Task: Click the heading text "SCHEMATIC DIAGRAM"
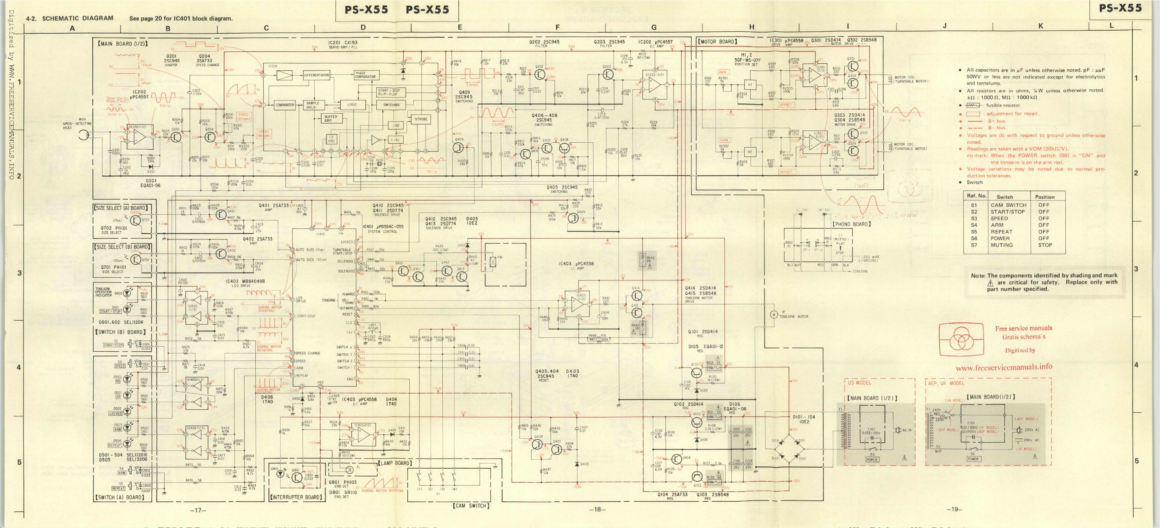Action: click(x=77, y=19)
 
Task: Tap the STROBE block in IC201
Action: click(x=421, y=119)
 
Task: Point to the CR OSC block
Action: click(x=332, y=139)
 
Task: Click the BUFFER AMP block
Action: click(x=331, y=118)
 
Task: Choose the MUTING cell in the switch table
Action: click(x=1002, y=245)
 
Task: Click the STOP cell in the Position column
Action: click(x=1045, y=245)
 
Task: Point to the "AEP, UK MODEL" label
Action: click(x=946, y=383)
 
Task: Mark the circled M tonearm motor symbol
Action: click(x=773, y=315)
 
